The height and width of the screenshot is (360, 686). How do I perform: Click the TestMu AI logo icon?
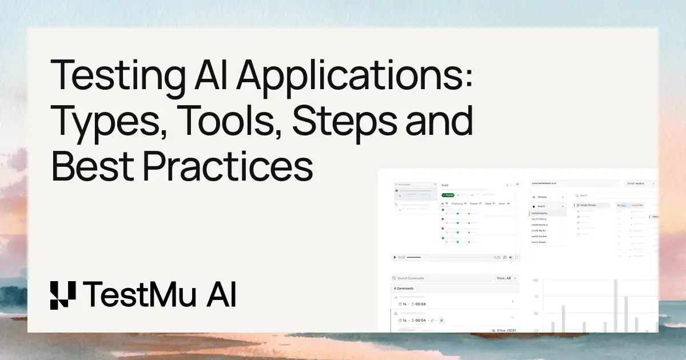(x=63, y=295)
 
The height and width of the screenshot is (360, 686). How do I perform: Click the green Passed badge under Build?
(x=448, y=195)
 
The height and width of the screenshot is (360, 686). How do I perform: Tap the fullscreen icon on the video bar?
(x=517, y=257)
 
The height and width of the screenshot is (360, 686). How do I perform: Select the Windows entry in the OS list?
(x=542, y=197)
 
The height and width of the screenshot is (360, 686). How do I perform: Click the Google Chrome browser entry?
(x=589, y=205)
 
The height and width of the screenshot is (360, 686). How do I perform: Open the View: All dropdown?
(x=505, y=278)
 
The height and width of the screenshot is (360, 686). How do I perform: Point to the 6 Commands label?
(x=404, y=289)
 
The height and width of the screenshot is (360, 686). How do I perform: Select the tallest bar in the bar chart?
(x=616, y=306)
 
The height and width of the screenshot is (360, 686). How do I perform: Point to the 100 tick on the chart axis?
(x=536, y=281)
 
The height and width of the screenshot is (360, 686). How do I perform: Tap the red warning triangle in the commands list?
(x=395, y=313)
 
